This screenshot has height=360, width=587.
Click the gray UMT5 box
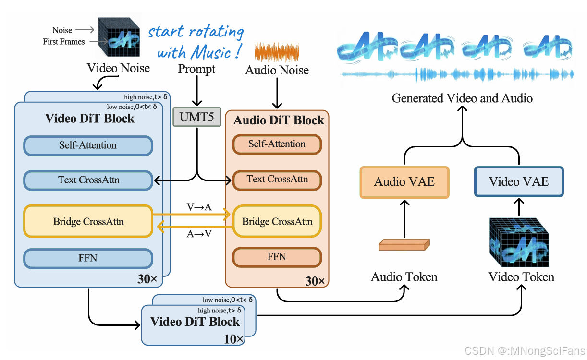tap(196, 117)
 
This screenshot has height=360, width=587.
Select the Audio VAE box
tap(404, 182)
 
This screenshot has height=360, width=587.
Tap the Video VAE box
tap(518, 182)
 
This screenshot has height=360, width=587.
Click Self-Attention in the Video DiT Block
tap(88, 145)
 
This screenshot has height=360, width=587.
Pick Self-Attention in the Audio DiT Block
tap(277, 144)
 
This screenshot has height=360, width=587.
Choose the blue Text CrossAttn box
tap(88, 180)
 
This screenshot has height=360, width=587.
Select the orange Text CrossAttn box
tap(277, 180)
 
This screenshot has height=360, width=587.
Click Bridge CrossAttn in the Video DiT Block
tap(88, 221)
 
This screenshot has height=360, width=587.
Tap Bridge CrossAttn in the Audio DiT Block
tap(277, 221)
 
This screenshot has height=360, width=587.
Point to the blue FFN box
tap(88, 258)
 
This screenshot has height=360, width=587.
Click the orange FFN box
tap(277, 257)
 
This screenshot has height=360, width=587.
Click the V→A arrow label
tap(199, 207)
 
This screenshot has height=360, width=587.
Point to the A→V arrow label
tap(199, 234)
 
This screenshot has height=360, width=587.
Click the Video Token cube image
tap(519, 242)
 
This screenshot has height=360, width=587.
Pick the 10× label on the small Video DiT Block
tap(234, 339)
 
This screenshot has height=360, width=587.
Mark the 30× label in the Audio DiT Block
tap(315, 281)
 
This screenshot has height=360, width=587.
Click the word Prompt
tap(197, 70)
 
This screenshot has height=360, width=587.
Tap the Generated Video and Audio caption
tap(462, 98)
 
